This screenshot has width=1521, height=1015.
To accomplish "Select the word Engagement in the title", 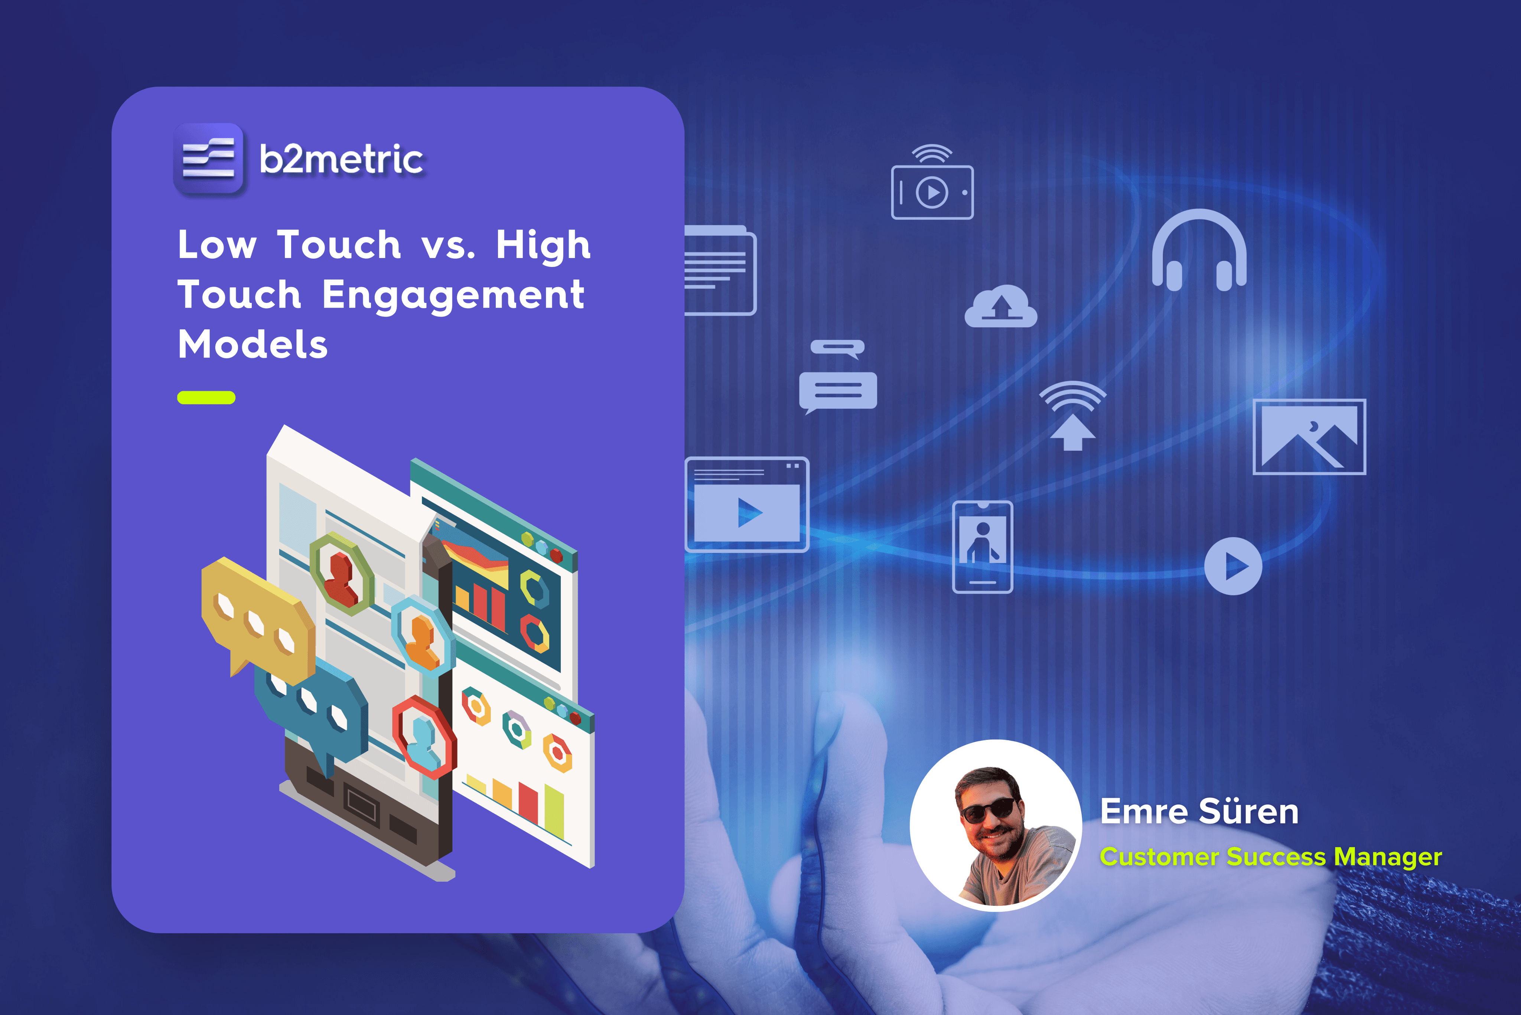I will pos(453,295).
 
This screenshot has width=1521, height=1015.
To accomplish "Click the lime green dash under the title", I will pos(206,398).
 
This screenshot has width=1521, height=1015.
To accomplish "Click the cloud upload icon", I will pos(1000,307).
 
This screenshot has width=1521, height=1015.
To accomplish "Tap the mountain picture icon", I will pos(1309,437).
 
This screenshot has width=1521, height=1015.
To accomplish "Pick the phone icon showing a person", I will pos(982,547).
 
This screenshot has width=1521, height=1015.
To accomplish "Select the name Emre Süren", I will pos(1199,812).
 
